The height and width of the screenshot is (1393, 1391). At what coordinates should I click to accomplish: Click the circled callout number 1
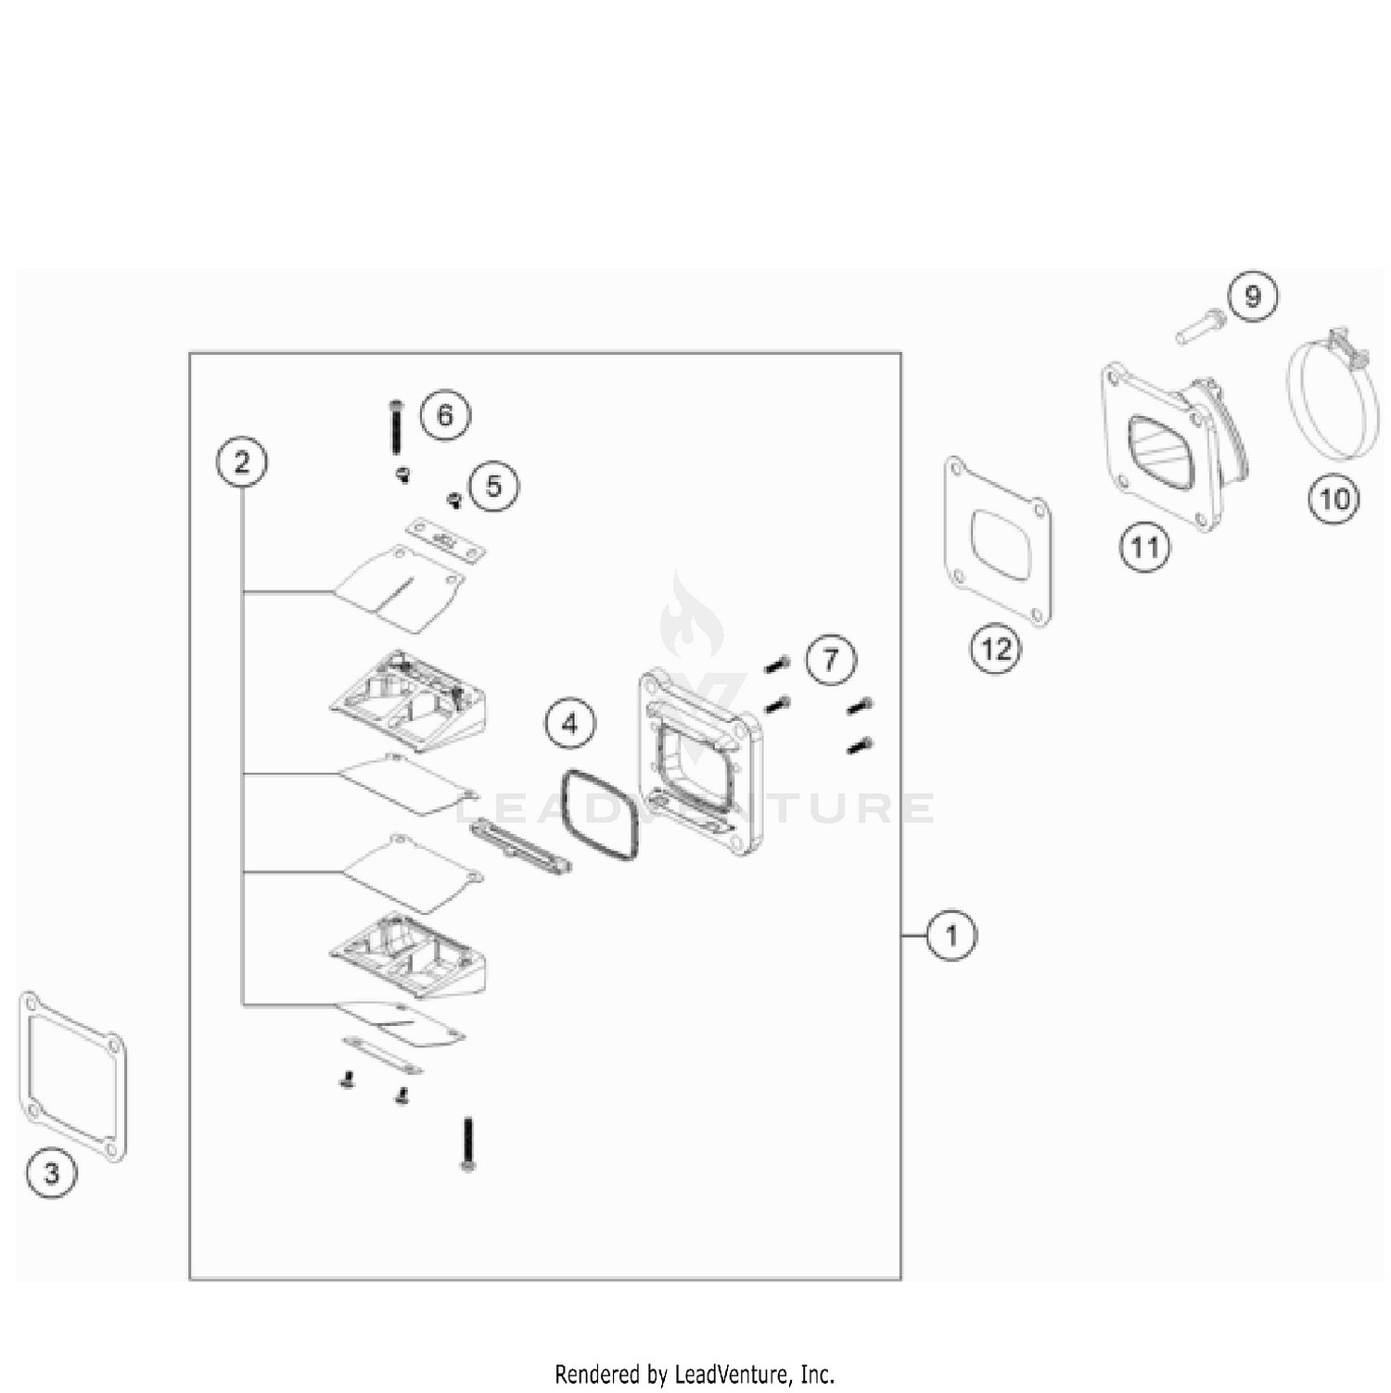pos(951,935)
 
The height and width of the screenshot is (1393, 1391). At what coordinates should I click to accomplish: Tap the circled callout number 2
pos(242,461)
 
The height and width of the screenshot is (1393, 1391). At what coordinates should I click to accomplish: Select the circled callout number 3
pos(51,1172)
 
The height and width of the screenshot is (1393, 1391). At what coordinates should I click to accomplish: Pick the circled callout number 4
pos(570,722)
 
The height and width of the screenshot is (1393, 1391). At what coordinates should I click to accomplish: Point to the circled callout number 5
pos(493,486)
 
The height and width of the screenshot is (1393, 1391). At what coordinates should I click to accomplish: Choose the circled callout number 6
pos(445,414)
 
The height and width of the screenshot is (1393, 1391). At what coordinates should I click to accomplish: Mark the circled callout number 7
pos(831,660)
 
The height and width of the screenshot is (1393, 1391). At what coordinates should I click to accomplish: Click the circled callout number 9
pos(1253,296)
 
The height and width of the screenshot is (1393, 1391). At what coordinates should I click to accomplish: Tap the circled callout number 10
pos(1334,500)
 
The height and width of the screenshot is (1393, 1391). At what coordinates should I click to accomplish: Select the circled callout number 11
pos(1144,547)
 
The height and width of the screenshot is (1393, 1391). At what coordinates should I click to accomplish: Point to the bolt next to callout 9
pos(1201,327)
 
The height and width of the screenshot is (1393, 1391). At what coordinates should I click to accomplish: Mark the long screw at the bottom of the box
pos(468,1144)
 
